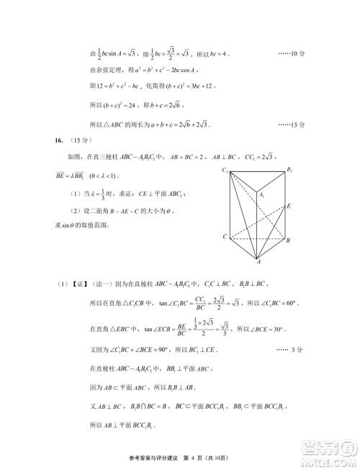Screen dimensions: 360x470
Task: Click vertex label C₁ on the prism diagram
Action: click(225, 170)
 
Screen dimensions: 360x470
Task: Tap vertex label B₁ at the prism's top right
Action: click(289, 169)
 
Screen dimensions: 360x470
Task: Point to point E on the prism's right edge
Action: click(289, 206)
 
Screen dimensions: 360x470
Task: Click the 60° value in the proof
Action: click(271, 300)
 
